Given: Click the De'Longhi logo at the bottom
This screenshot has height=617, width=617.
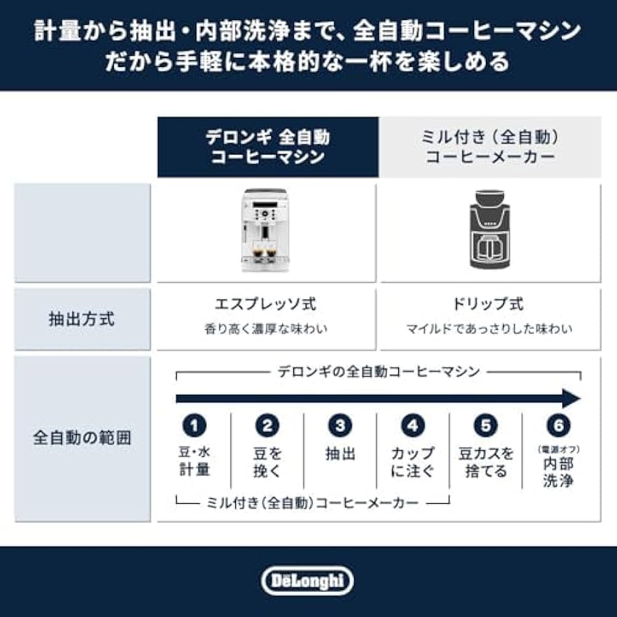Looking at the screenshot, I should (308, 581).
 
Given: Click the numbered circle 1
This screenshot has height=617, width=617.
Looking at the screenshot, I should (194, 426).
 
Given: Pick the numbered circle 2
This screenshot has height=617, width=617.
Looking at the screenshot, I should (267, 426).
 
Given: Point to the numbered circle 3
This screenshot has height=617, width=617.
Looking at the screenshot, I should (340, 426).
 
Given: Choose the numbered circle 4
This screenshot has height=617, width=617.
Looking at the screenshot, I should (413, 426).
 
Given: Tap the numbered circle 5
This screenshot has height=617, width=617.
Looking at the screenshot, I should (486, 426).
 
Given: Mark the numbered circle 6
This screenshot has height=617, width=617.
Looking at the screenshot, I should (558, 426).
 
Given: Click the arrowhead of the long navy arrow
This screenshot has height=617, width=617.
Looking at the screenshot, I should (571, 398).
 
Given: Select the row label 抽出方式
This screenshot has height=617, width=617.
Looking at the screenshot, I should (82, 320).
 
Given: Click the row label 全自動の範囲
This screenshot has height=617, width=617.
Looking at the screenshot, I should (82, 438).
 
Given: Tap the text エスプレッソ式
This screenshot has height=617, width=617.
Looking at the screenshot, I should (266, 304).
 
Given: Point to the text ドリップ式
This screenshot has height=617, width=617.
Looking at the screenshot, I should (489, 304).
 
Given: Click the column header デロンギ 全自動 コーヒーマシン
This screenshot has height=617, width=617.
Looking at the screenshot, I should (267, 147).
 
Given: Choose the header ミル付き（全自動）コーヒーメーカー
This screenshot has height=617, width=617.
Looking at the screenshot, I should (490, 147).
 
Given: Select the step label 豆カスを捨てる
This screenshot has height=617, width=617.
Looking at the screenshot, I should (486, 462).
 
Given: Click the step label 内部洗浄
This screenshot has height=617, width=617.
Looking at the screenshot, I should (558, 471).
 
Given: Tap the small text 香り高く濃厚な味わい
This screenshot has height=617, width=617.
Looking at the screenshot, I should (266, 329).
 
